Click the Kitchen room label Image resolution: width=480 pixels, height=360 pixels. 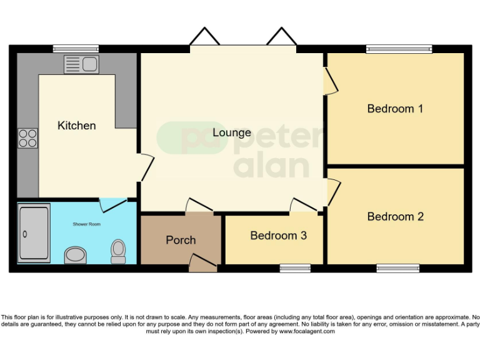77,126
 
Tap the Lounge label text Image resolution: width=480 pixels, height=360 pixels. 232,132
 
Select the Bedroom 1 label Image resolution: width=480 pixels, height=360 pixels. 395,109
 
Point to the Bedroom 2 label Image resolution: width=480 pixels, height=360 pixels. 395,217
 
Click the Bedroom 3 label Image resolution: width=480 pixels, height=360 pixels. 278,236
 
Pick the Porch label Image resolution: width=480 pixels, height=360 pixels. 181,240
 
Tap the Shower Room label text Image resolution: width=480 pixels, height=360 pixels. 86,224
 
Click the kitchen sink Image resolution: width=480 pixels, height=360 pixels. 81,64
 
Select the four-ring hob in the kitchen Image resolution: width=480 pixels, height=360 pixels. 27,137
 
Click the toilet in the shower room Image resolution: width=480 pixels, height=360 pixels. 117,251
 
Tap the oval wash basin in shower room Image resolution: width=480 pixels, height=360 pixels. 76,255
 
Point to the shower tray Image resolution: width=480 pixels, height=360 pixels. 34,234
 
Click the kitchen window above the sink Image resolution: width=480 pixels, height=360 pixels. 76,49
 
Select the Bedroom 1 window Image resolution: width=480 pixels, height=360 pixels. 399,49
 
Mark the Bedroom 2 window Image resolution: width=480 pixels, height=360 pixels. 398,269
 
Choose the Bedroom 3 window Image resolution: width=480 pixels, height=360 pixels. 295,269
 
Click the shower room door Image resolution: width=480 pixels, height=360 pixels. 112,202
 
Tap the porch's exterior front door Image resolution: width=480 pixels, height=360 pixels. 202,263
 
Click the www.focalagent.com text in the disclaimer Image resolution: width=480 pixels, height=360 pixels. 306,331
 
